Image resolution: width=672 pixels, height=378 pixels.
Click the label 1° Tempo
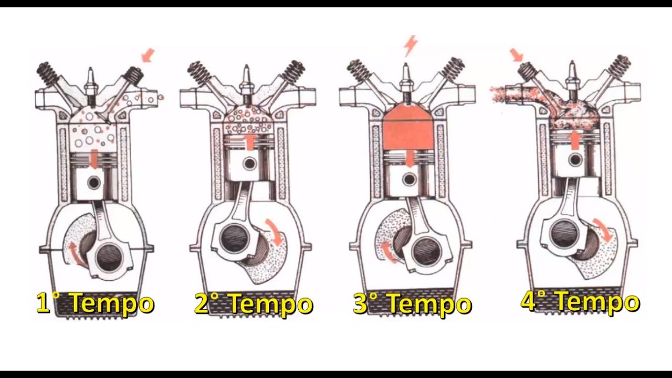95,303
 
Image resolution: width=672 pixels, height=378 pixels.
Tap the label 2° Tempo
253,303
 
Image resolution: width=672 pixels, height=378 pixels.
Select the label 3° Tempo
412,303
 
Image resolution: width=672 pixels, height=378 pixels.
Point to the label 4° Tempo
580,301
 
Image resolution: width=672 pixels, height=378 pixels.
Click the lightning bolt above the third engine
411,46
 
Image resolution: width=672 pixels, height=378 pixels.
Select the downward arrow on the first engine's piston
94,159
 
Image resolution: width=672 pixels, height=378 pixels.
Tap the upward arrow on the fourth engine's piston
574,140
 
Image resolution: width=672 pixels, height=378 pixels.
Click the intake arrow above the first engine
148,56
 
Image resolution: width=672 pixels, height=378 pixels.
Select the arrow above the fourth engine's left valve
516,56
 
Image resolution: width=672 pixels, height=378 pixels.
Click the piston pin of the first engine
94,182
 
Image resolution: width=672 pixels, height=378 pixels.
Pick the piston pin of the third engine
409,180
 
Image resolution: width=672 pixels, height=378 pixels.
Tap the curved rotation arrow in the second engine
275,232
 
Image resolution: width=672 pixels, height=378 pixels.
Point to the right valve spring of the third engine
453,70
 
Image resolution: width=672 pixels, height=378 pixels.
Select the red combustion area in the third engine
408,130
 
